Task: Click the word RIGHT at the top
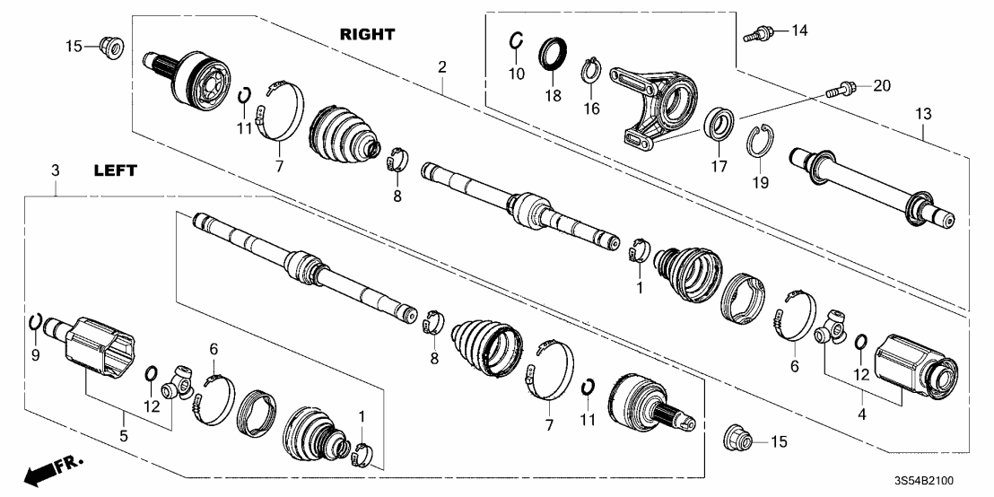(x=368, y=34)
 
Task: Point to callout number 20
(x=882, y=85)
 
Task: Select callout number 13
(x=923, y=114)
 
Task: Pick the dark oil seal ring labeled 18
(x=551, y=54)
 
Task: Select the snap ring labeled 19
(x=759, y=141)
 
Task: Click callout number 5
(x=124, y=435)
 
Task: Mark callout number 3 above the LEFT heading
(x=56, y=170)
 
